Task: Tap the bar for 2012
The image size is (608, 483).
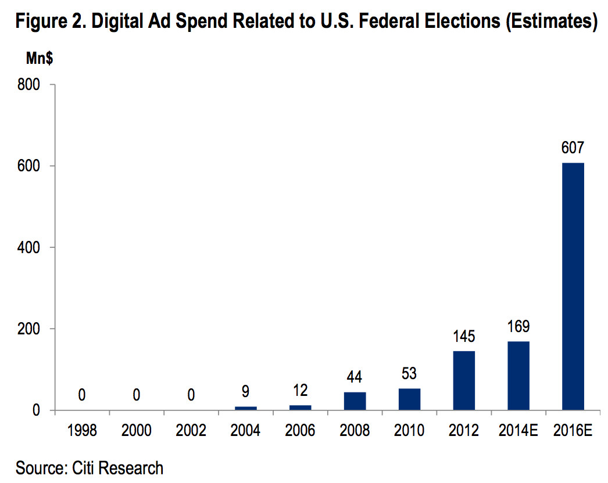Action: [464, 380]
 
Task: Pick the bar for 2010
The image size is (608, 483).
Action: [409, 399]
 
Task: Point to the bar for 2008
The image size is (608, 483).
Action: [355, 401]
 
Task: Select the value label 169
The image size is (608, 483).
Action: [518, 327]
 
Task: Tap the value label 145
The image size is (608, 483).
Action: [464, 337]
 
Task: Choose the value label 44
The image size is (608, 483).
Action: [355, 378]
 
